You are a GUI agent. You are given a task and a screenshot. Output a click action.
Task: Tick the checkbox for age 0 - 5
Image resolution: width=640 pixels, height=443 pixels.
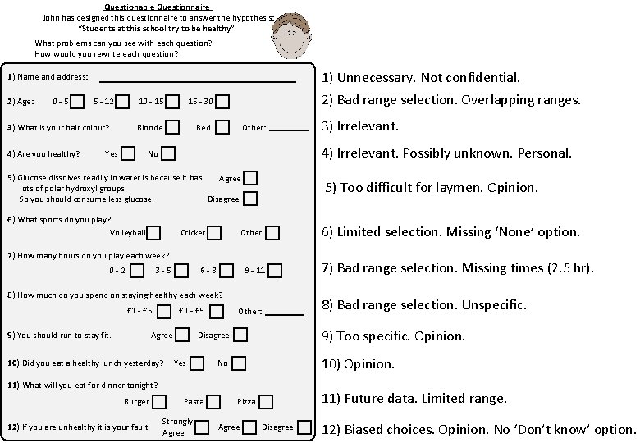click(x=77, y=102)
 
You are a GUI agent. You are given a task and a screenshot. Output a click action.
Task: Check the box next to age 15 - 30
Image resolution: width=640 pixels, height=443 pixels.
click(x=222, y=102)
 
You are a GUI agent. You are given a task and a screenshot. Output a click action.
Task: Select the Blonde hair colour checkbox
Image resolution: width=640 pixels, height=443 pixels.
click(x=173, y=127)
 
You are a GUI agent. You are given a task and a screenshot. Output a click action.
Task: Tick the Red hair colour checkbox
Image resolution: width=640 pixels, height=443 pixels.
click(x=221, y=127)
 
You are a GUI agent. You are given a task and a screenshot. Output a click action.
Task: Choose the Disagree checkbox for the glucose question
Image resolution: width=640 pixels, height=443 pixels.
click(x=250, y=199)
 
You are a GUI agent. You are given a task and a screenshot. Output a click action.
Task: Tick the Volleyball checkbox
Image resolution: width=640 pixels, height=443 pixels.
click(x=153, y=233)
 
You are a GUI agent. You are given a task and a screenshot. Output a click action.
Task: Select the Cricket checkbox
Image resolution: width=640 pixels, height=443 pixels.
click(x=214, y=233)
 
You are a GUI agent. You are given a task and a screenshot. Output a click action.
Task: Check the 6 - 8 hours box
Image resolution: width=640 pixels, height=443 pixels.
click(x=226, y=270)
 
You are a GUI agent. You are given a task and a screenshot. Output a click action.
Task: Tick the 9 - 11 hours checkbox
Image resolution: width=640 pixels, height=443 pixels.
click(x=275, y=270)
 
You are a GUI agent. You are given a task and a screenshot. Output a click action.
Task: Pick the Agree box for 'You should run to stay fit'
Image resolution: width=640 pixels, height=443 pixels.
click(x=183, y=335)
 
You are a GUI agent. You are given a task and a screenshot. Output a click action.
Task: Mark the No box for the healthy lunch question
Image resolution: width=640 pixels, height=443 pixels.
click(x=240, y=363)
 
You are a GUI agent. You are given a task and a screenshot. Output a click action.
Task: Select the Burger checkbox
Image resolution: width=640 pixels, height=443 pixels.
click(x=160, y=401)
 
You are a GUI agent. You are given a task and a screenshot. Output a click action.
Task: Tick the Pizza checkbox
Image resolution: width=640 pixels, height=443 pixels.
click(x=266, y=401)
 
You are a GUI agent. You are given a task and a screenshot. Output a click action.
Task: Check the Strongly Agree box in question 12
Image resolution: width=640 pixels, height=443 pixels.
click(x=202, y=427)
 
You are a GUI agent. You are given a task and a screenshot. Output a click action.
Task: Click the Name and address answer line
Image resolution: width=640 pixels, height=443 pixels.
click(x=197, y=80)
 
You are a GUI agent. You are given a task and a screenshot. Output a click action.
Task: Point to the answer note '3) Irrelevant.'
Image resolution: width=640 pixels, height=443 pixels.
click(x=360, y=126)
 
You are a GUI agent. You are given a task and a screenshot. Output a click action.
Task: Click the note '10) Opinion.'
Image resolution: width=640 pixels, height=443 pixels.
click(x=358, y=363)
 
